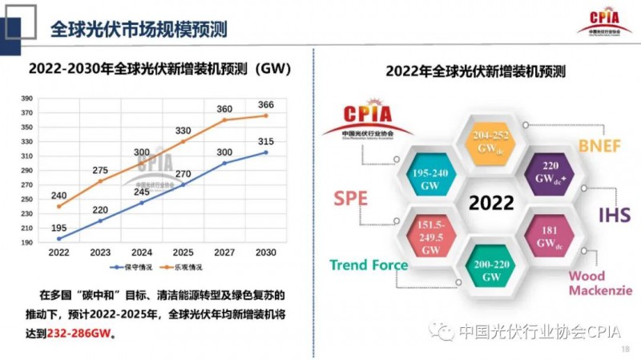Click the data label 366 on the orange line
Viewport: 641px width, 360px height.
pos(266,105)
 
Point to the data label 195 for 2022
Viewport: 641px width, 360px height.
pos(58,228)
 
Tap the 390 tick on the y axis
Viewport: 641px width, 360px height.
pos(26,99)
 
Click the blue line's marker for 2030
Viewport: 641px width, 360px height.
pos(266,152)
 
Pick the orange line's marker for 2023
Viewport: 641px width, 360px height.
pos(100,181)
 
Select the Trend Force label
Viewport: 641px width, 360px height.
pos(369,265)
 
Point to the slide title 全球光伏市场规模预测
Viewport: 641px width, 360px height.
pos(139,30)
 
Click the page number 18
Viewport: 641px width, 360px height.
pos(626,350)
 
